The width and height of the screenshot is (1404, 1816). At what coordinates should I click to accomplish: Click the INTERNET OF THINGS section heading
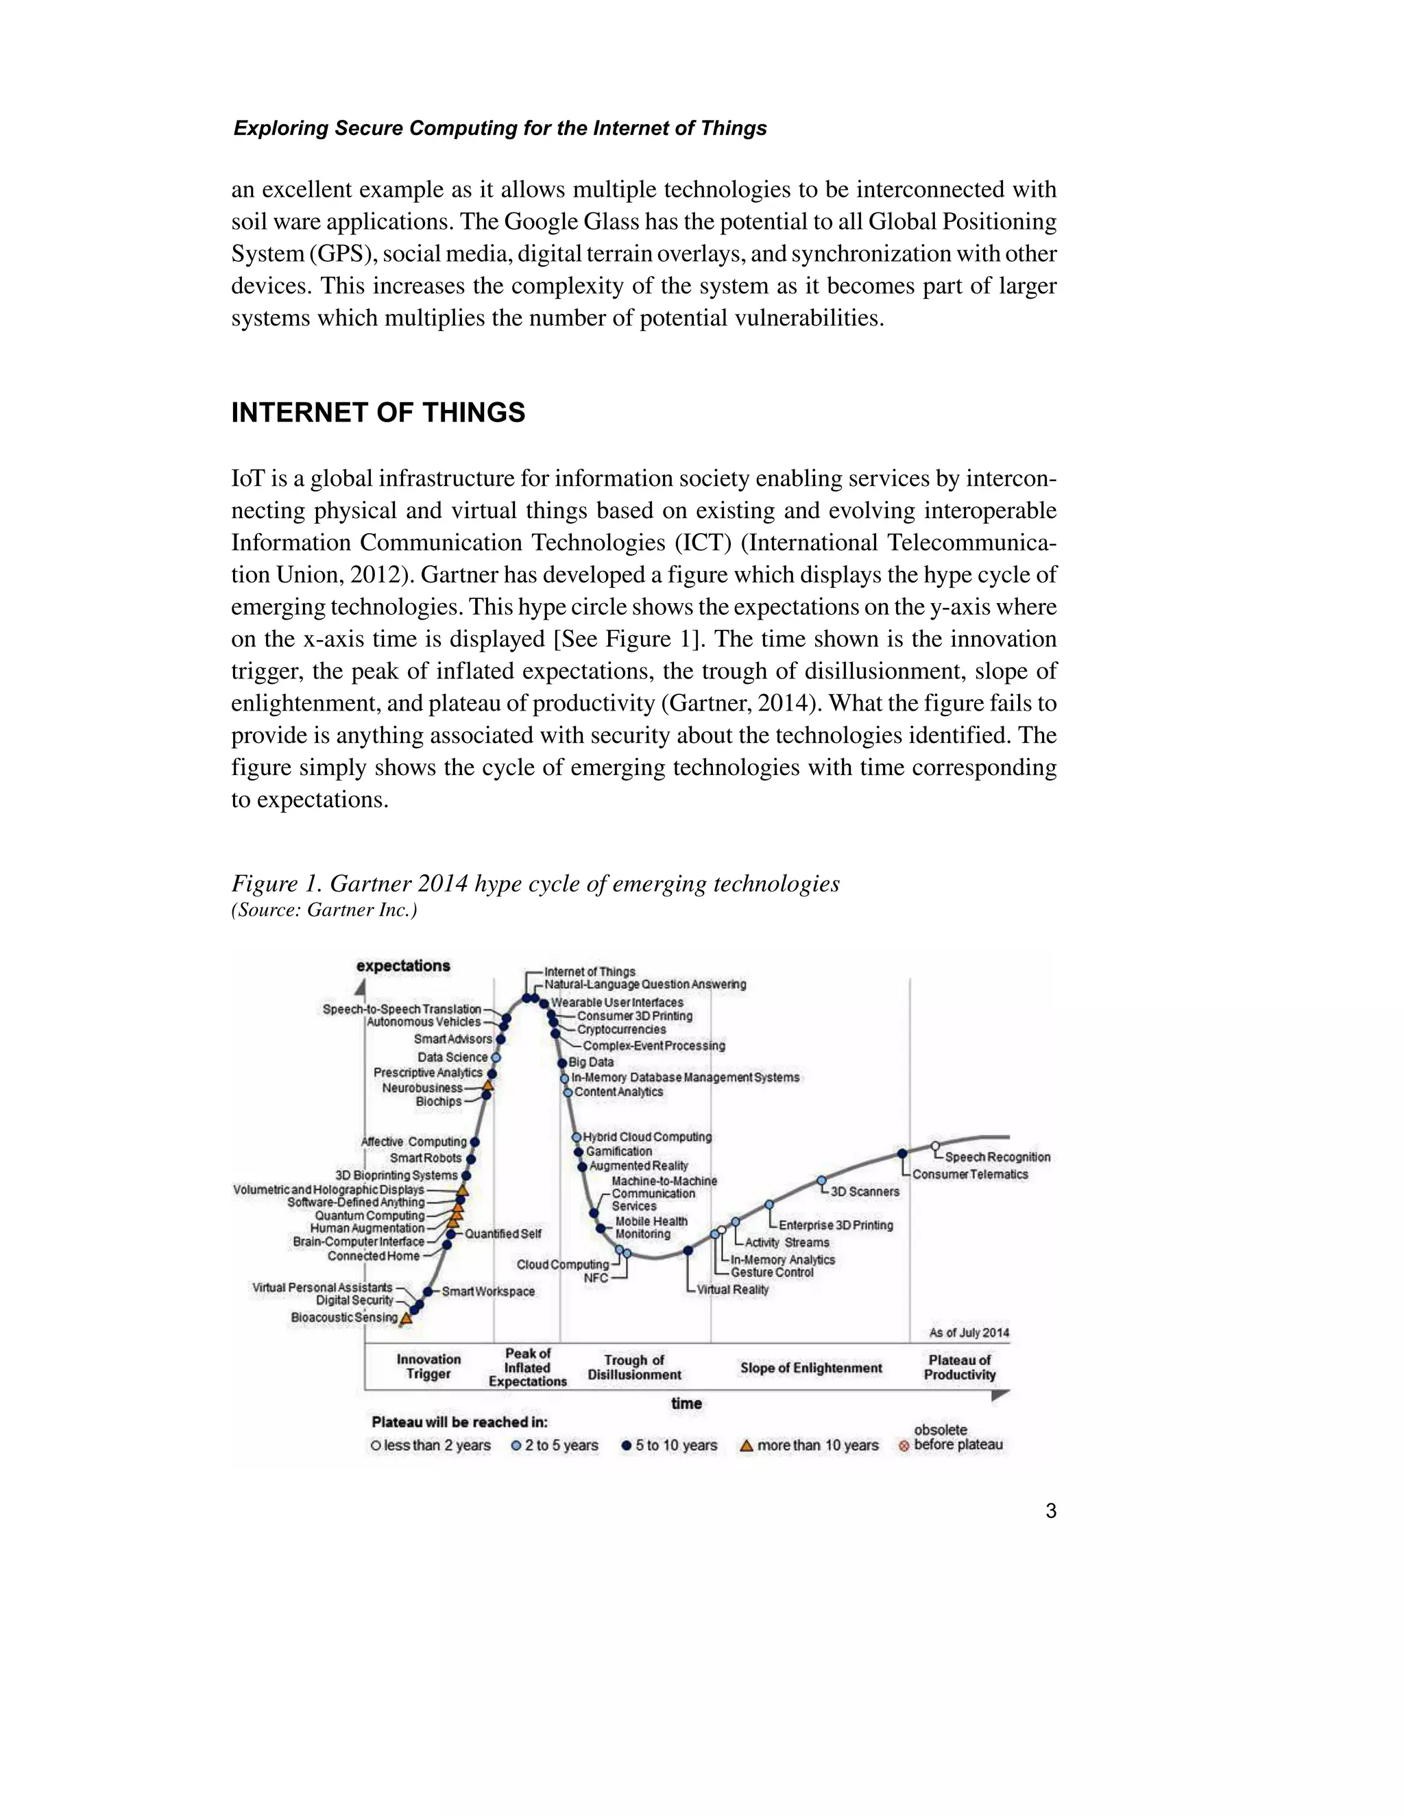[378, 413]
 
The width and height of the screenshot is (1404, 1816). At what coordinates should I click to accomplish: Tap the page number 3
[1050, 1511]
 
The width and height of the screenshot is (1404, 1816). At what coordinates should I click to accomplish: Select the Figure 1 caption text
[535, 883]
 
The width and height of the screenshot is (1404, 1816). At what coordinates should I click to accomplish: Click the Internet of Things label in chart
[589, 971]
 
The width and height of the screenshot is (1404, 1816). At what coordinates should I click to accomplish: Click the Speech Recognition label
[997, 1157]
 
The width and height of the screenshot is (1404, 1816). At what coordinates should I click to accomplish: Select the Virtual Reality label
[732, 1290]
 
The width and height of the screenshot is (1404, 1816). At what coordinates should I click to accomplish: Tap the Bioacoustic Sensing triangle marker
[406, 1318]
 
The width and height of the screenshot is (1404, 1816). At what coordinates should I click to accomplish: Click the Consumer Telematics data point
[902, 1153]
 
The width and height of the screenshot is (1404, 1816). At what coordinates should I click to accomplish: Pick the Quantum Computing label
[370, 1216]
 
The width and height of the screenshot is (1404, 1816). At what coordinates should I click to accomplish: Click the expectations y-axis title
[402, 966]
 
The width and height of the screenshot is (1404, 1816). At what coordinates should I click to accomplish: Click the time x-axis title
[686, 1403]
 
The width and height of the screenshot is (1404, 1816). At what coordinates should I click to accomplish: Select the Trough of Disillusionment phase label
[634, 1367]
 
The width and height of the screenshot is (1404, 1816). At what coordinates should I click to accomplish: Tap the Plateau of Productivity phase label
[959, 1367]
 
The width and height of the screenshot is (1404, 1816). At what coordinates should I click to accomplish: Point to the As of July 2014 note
[969, 1333]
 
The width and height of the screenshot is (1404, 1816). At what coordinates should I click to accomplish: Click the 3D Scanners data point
[822, 1180]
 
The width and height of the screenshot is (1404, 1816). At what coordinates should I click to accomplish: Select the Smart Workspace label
[487, 1291]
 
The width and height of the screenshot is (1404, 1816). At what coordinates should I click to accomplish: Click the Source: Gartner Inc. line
[324, 909]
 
